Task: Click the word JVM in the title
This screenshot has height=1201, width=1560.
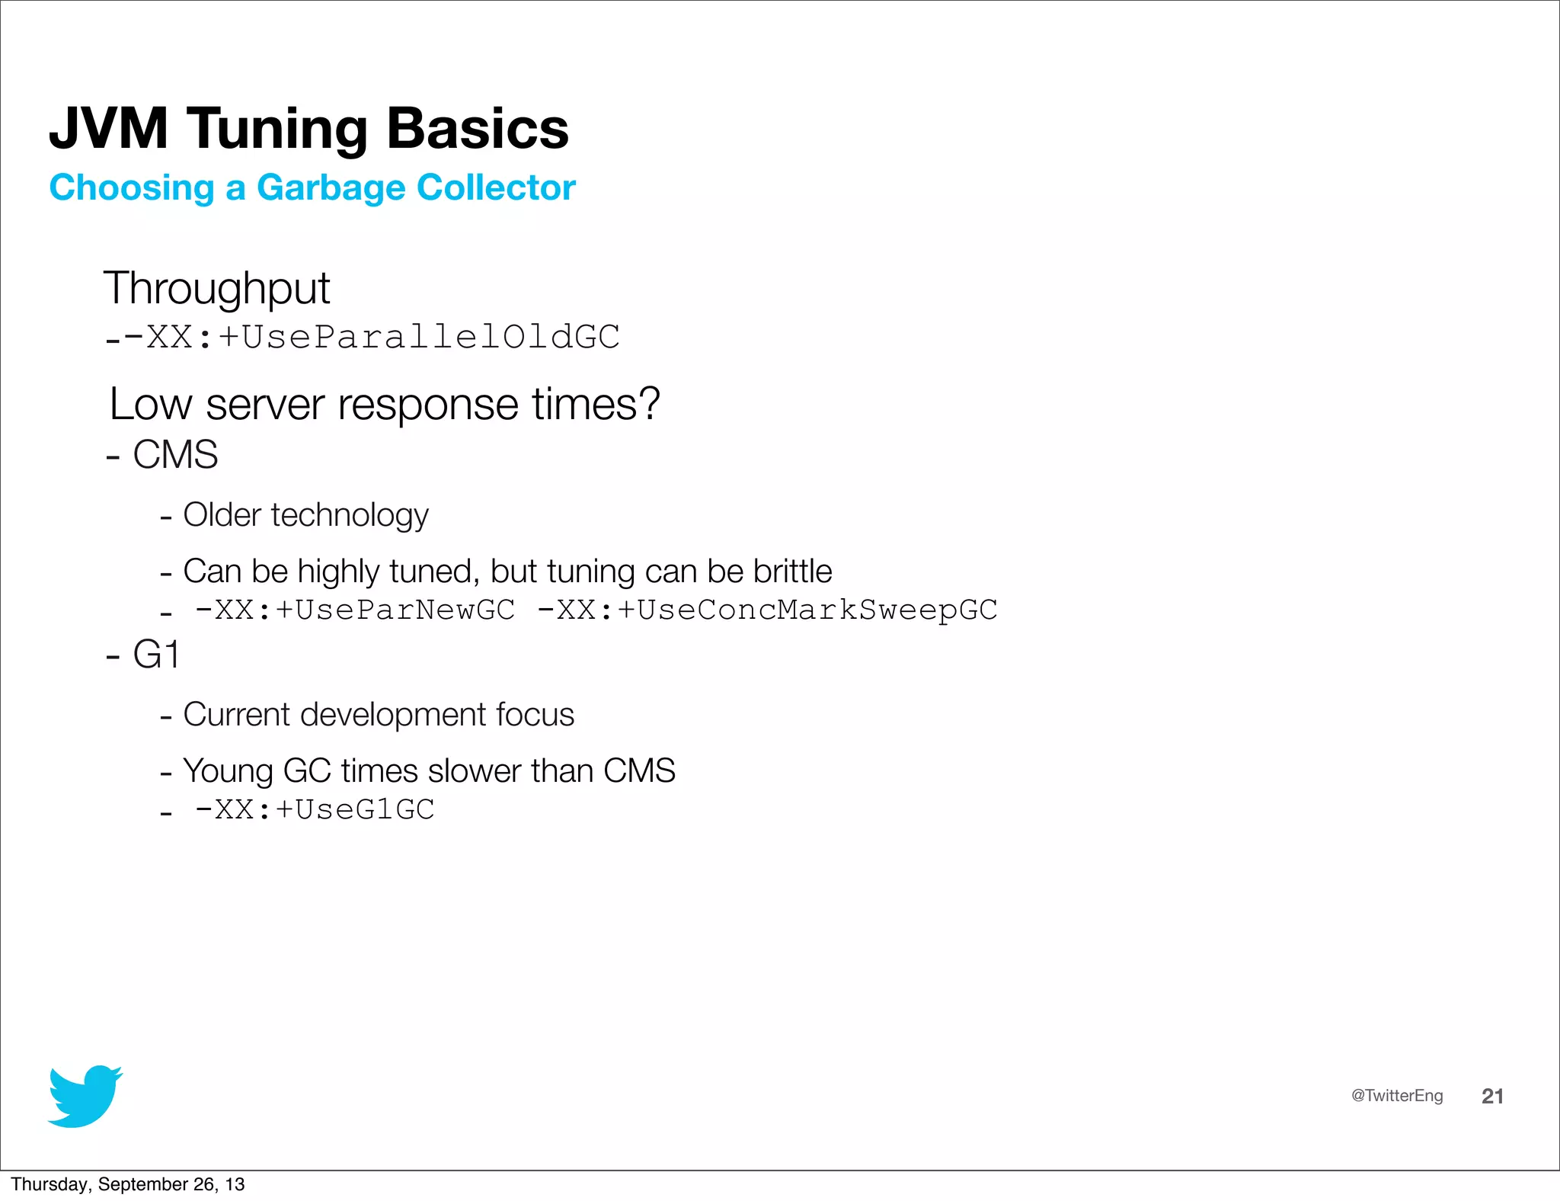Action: click(x=108, y=128)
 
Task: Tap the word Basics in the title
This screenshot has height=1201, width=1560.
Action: click(x=478, y=128)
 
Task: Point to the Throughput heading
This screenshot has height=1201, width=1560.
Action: click(x=216, y=289)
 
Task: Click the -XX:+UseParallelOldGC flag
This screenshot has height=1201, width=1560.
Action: click(x=372, y=337)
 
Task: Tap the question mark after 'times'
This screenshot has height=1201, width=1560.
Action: click(x=650, y=403)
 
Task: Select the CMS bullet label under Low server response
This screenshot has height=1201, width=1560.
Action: click(x=175, y=455)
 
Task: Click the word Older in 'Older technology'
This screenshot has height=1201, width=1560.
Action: click(x=222, y=515)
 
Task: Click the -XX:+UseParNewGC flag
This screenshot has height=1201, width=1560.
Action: click(x=355, y=610)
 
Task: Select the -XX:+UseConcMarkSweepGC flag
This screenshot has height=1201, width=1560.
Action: click(x=767, y=610)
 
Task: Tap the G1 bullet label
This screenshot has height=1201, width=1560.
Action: click(x=156, y=655)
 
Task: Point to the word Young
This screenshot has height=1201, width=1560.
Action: click(x=228, y=771)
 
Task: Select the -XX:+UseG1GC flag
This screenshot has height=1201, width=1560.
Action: click(x=315, y=810)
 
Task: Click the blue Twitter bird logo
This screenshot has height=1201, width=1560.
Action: click(x=85, y=1096)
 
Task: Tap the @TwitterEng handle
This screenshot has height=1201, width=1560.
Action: click(x=1396, y=1096)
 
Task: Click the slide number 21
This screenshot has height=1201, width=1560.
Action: click(x=1492, y=1096)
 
